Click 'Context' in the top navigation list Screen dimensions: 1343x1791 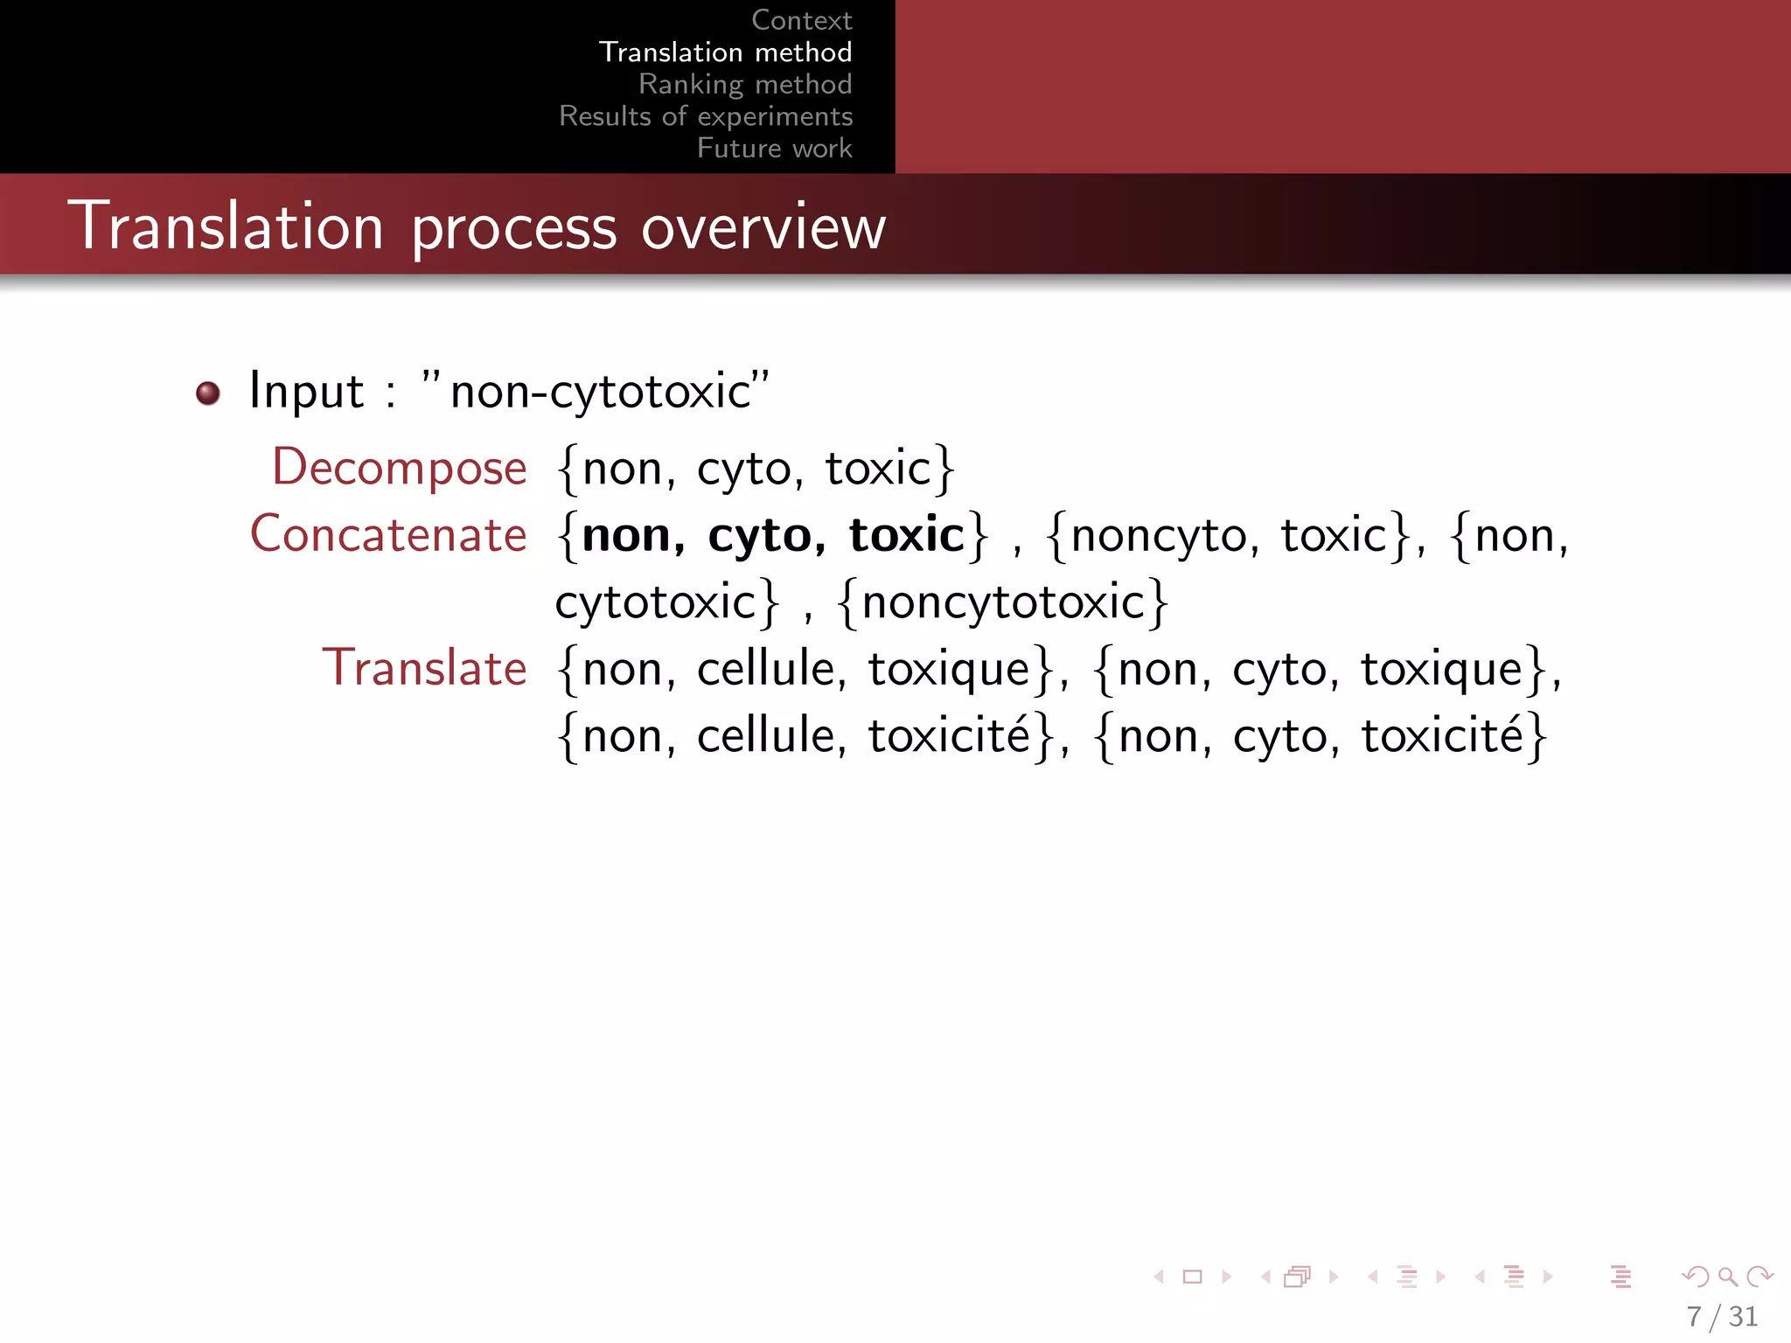point(801,20)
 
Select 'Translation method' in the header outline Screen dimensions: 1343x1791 point(725,52)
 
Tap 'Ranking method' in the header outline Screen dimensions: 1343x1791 point(745,84)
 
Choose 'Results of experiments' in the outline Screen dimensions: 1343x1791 point(706,116)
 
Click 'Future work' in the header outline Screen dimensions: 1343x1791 point(774,149)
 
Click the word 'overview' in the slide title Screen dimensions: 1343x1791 point(763,227)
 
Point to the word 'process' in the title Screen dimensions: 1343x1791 point(514,229)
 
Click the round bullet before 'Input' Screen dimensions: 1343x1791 point(208,393)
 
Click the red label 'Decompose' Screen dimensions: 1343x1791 point(400,467)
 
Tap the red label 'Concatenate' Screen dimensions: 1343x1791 point(388,534)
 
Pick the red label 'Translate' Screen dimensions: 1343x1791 point(424,668)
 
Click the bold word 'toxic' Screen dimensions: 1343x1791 point(906,534)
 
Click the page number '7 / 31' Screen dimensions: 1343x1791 point(1722,1316)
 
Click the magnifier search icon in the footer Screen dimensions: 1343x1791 point(1727,1277)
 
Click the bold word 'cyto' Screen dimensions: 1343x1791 point(766,536)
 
